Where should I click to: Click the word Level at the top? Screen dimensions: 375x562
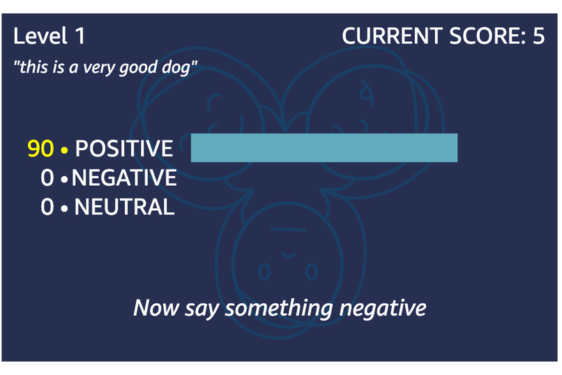tap(40, 36)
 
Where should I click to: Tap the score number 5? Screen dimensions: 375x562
tap(538, 36)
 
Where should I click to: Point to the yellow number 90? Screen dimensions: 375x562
tap(40, 148)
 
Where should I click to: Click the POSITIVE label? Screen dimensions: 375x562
tap(123, 148)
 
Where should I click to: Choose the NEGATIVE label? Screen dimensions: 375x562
tap(124, 178)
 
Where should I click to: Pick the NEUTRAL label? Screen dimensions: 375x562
tap(124, 207)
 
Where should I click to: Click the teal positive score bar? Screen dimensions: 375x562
tap(324, 147)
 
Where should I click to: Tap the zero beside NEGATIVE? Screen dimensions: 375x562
tap(47, 178)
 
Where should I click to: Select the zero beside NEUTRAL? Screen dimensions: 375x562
tap(47, 207)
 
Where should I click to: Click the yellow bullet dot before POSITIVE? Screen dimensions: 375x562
tap(65, 149)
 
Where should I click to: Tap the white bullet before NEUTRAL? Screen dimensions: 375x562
tap(65, 208)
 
